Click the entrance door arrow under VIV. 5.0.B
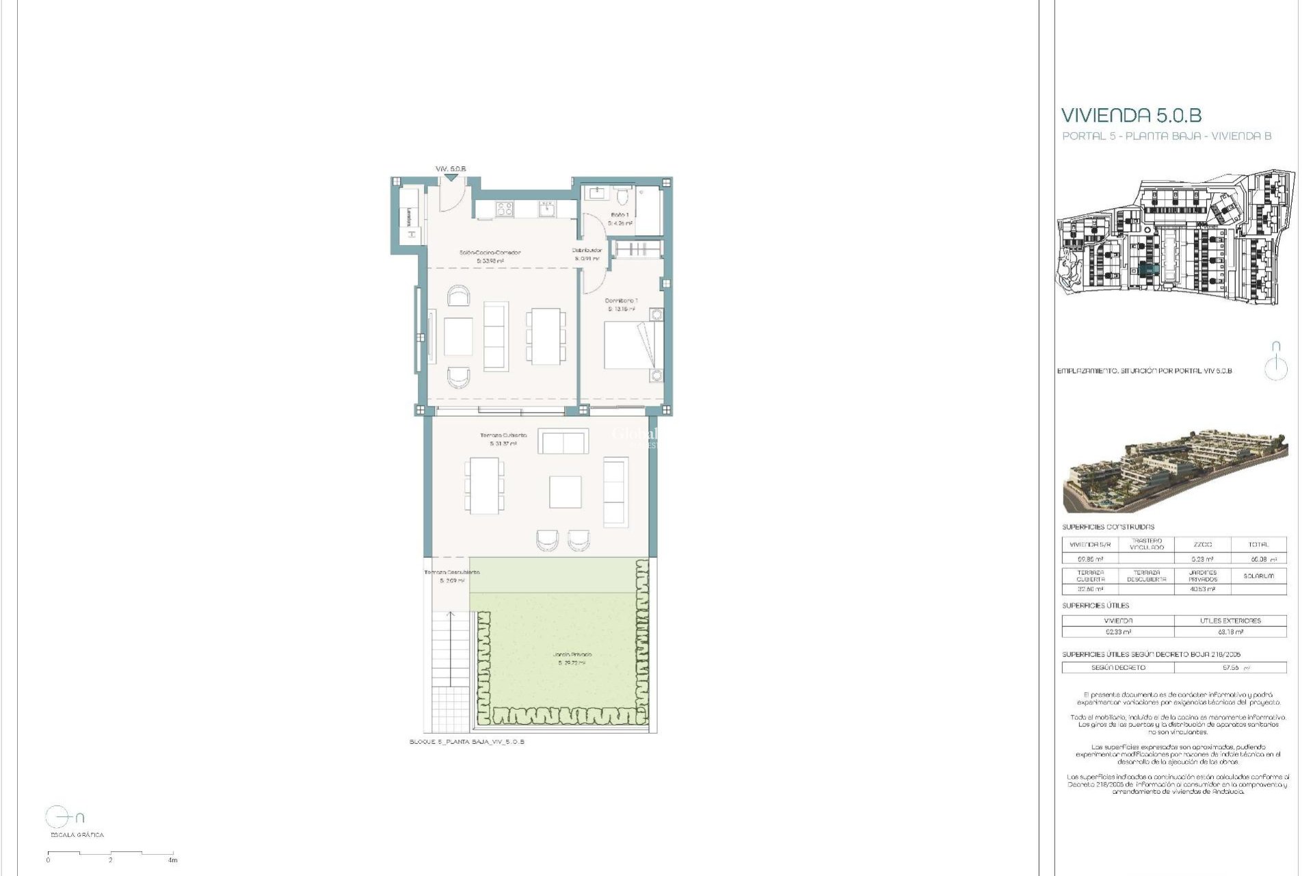pyautogui.click(x=450, y=178)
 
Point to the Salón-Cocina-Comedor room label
pyautogui.click(x=490, y=253)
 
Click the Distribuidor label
pyautogui.click(x=587, y=250)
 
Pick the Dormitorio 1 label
pyautogui.click(x=621, y=300)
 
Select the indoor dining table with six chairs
pyautogui.click(x=546, y=336)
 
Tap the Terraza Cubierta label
pyautogui.click(x=503, y=435)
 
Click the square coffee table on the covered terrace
pyautogui.click(x=566, y=492)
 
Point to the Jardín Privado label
pyautogui.click(x=572, y=655)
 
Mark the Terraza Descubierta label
pyautogui.click(x=451, y=572)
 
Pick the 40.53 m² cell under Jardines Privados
pyautogui.click(x=1202, y=589)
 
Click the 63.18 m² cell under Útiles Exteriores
pyautogui.click(x=1230, y=632)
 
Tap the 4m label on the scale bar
pyautogui.click(x=173, y=860)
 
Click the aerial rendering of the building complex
pyautogui.click(x=1175, y=472)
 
